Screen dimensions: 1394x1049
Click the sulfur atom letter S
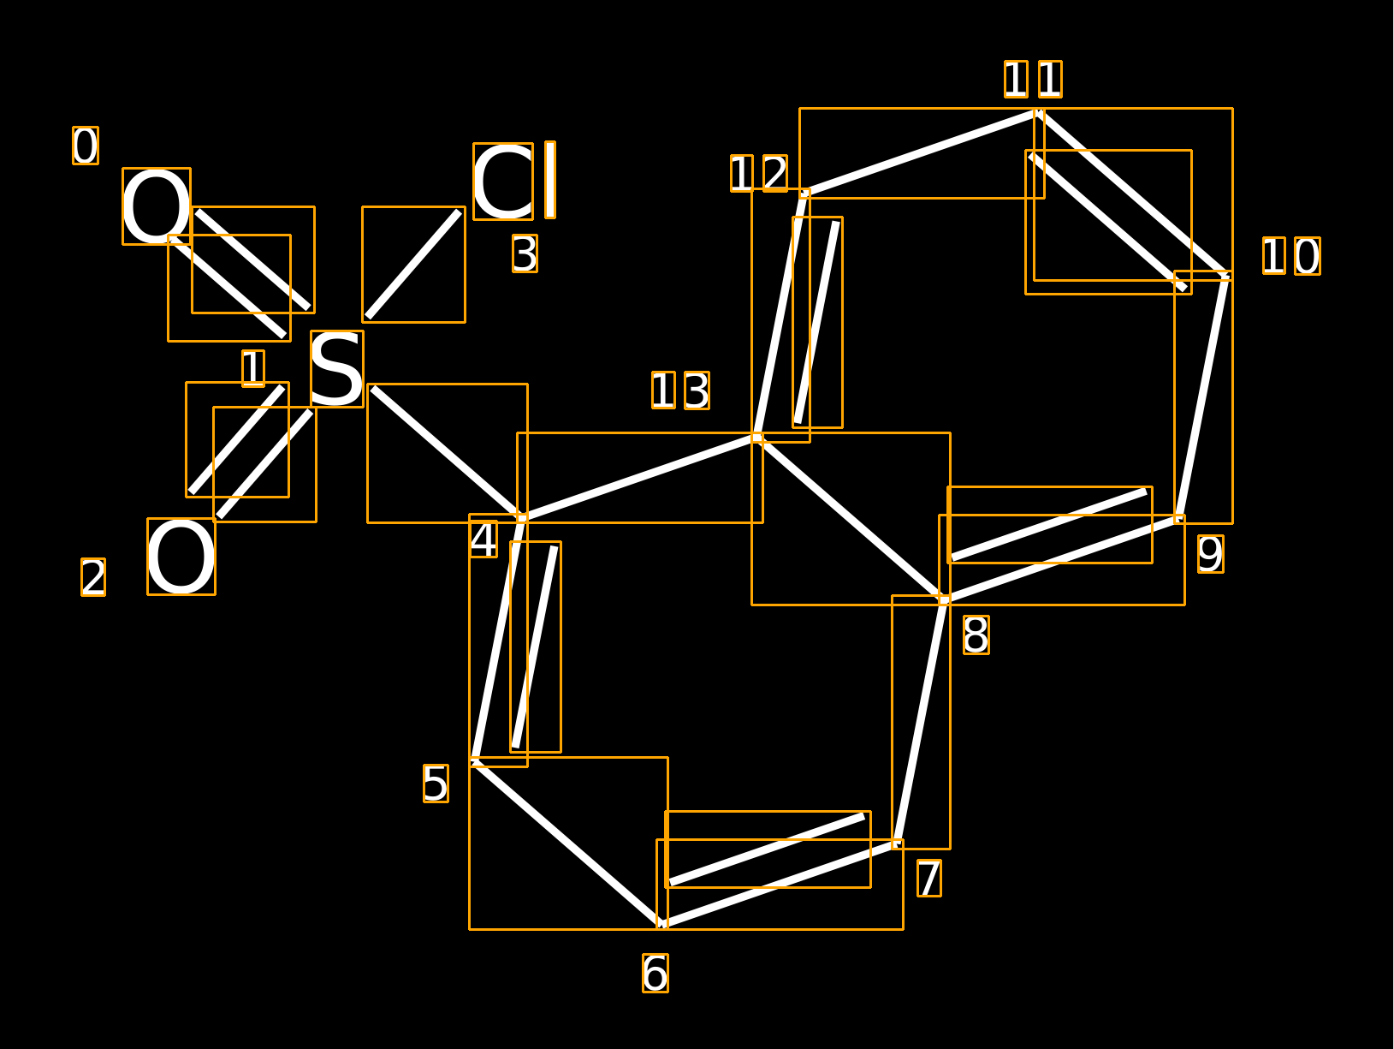point(336,369)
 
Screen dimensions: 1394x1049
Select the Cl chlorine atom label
point(514,181)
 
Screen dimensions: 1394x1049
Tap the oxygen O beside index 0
point(157,206)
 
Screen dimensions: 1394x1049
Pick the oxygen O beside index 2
point(181,557)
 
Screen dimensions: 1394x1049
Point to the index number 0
point(85,146)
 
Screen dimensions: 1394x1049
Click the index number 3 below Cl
point(525,253)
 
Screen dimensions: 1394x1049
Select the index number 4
point(483,539)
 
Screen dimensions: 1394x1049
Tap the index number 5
point(436,784)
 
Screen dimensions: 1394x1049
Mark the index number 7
point(929,879)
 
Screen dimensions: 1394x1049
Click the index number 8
point(976,635)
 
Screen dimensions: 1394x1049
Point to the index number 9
point(1211,554)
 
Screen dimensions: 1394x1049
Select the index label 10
point(1292,256)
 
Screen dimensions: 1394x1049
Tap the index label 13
point(681,390)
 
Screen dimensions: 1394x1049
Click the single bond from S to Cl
point(413,265)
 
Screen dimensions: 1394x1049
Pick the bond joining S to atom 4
point(447,453)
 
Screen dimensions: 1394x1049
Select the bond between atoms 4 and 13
point(639,477)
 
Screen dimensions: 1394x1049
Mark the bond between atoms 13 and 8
point(851,518)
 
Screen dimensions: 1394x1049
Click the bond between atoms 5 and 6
point(568,843)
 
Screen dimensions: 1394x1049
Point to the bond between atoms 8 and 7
point(921,722)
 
